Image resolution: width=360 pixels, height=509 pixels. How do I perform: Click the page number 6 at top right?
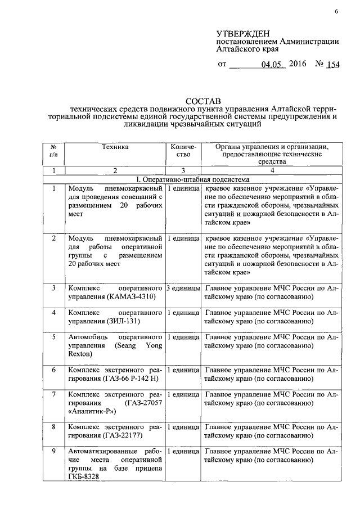[336, 12]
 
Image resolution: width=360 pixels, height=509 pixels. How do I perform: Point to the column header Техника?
[115, 147]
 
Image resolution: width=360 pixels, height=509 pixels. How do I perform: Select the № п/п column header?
[54, 150]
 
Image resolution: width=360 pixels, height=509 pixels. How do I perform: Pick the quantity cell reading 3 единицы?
[183, 289]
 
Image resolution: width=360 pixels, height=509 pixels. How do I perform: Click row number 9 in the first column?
[54, 451]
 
